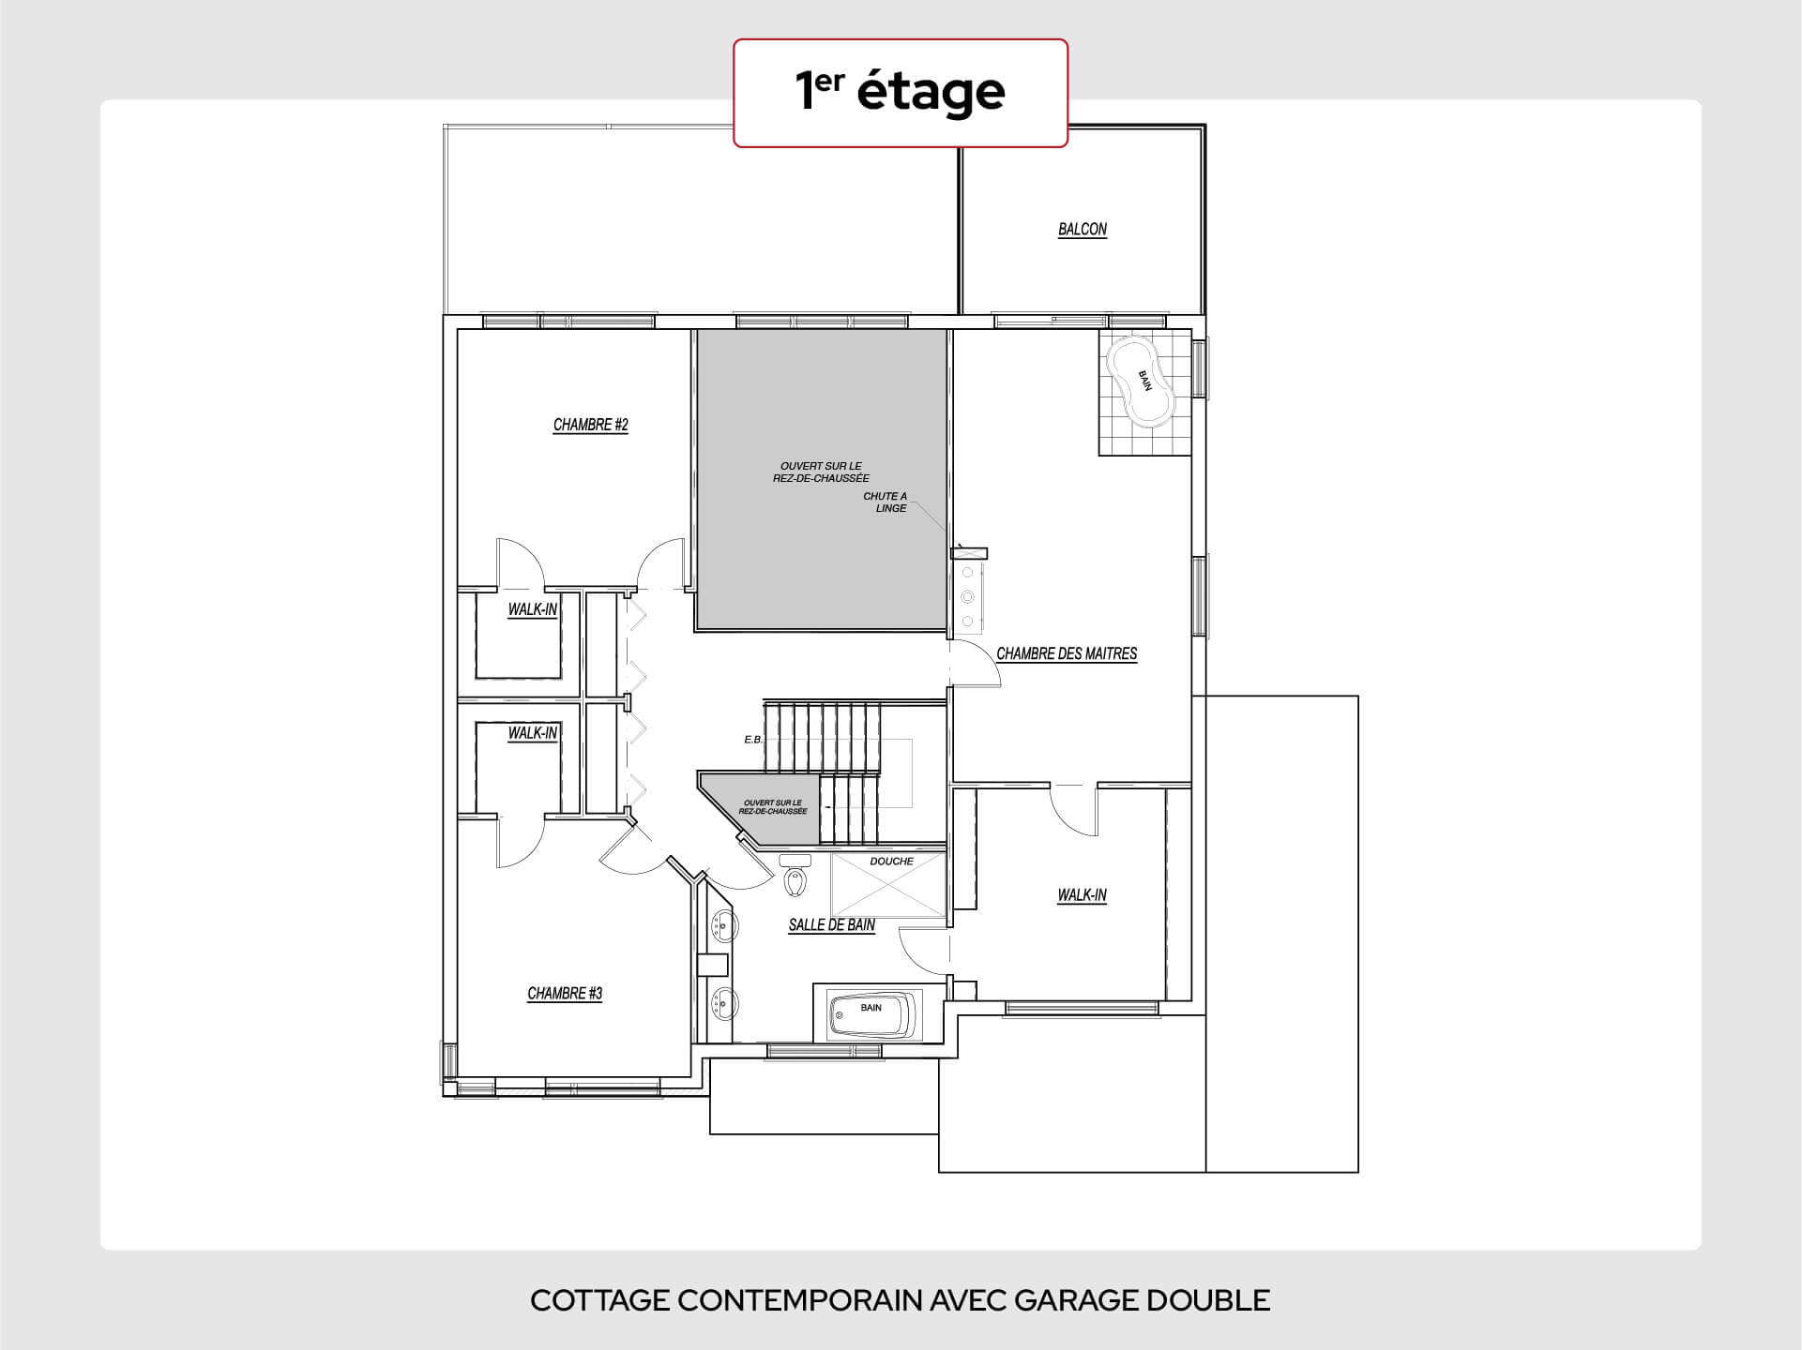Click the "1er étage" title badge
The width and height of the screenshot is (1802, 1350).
tap(901, 93)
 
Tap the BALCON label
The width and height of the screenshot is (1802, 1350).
tap(1083, 230)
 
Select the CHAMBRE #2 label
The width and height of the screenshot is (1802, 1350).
tap(590, 425)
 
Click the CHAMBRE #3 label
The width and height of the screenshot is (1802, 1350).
tap(565, 993)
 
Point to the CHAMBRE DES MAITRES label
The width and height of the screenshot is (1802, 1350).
tap(1067, 653)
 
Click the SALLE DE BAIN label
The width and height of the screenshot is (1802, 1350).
tap(832, 925)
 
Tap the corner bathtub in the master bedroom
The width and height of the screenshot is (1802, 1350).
tap(1141, 381)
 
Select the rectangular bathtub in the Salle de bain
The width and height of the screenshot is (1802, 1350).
tap(871, 1014)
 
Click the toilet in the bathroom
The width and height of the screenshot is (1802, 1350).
tap(795, 876)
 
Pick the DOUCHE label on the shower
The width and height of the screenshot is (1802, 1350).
tap(891, 862)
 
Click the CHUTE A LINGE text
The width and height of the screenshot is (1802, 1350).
tap(886, 502)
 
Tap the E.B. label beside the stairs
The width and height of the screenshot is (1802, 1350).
tap(753, 740)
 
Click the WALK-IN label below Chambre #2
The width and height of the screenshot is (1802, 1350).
tap(533, 609)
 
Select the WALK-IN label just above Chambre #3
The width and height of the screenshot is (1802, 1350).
tap(533, 733)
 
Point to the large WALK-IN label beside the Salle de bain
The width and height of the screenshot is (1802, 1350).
tap(1083, 895)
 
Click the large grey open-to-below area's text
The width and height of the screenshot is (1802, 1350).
tap(821, 472)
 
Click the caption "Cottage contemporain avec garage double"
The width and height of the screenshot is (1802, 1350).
tap(901, 1300)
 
